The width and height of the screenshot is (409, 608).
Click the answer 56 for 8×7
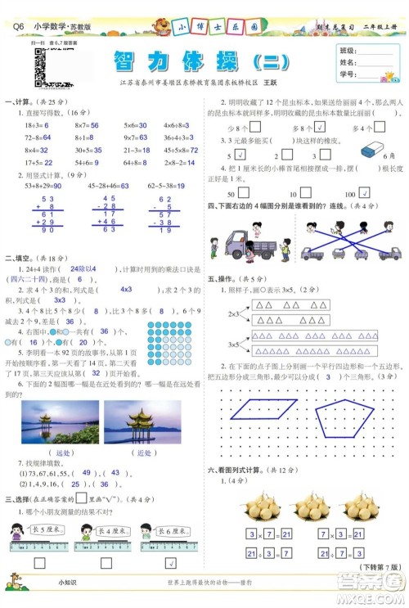(x=94, y=125)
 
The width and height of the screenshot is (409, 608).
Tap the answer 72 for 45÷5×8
(x=193, y=151)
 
